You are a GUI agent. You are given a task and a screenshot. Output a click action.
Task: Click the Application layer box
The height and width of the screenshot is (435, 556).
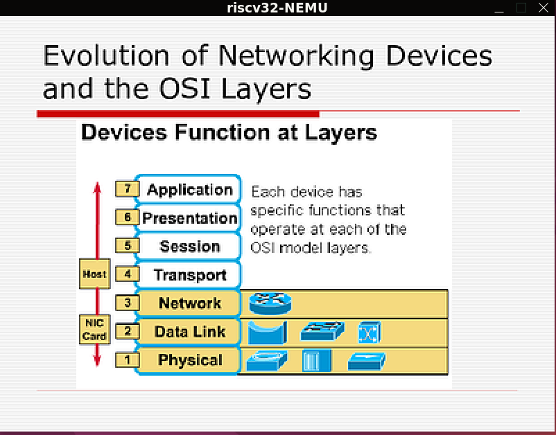point(188,190)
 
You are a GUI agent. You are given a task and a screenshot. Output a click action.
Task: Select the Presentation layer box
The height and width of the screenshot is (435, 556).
point(188,218)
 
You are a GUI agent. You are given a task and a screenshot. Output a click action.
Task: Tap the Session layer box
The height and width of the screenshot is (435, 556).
point(188,246)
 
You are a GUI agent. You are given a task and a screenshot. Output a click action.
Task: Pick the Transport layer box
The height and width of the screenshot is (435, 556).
point(188,275)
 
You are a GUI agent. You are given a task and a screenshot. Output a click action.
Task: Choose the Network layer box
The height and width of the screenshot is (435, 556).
point(188,303)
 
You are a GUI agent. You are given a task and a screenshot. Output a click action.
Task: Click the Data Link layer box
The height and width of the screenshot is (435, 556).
point(188,332)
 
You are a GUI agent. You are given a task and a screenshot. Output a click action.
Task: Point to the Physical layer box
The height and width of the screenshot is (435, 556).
point(188,360)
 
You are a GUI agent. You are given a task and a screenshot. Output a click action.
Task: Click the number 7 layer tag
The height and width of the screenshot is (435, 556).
point(128,189)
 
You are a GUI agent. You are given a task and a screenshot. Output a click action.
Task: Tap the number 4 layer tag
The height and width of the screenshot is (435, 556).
point(128,274)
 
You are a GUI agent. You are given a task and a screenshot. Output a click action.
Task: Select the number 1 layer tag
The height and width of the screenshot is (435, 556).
point(128,360)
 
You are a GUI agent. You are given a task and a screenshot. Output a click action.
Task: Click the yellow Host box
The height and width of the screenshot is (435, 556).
point(95,274)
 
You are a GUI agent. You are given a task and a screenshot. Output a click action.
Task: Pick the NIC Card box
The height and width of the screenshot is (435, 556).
point(95,330)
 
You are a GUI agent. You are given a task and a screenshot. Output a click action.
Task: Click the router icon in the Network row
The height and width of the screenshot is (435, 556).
point(270,303)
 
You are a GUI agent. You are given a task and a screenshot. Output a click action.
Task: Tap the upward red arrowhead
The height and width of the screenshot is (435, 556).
point(97,188)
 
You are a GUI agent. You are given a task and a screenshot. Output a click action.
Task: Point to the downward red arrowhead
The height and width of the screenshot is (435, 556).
point(97,360)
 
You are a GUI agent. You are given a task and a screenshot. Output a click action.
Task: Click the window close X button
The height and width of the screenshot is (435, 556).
point(544,8)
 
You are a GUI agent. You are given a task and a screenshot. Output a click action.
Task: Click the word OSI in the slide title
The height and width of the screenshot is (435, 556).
point(184,89)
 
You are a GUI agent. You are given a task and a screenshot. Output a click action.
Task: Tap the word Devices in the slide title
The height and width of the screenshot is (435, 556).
point(439,55)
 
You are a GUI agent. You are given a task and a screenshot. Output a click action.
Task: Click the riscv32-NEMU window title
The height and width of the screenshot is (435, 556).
point(277,8)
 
